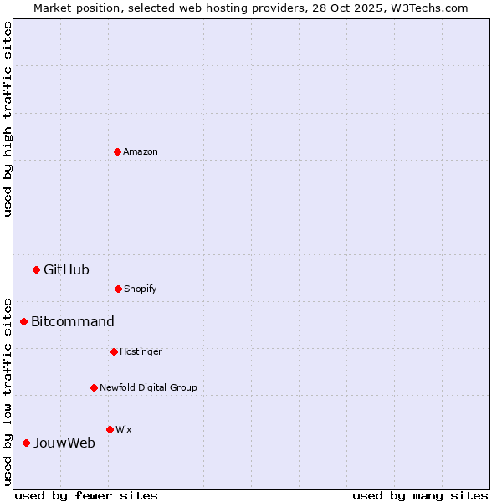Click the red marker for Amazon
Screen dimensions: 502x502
coord(117,151)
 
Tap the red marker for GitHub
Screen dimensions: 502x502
coord(36,269)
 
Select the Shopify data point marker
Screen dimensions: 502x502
coord(118,289)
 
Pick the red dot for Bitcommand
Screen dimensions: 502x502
coord(23,321)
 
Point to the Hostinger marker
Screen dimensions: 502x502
coord(114,351)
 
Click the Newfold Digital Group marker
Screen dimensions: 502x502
coord(94,387)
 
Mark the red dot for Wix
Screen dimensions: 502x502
coord(110,429)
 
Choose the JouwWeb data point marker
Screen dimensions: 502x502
coord(26,443)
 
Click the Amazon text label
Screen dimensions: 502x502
coord(141,151)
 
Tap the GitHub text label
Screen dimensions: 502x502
coord(66,269)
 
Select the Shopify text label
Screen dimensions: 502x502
coord(141,289)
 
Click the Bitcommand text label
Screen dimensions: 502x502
coord(73,321)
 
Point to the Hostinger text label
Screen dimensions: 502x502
coord(141,351)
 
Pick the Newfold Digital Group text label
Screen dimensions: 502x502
coord(148,387)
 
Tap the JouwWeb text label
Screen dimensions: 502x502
coord(64,443)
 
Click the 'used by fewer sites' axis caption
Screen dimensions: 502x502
coord(86,495)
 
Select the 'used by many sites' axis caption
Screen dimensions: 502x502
coord(420,495)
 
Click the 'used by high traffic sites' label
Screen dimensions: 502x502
coord(8,119)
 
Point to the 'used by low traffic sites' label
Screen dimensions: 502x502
coord(8,391)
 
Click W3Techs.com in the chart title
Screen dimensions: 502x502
coord(429,8)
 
